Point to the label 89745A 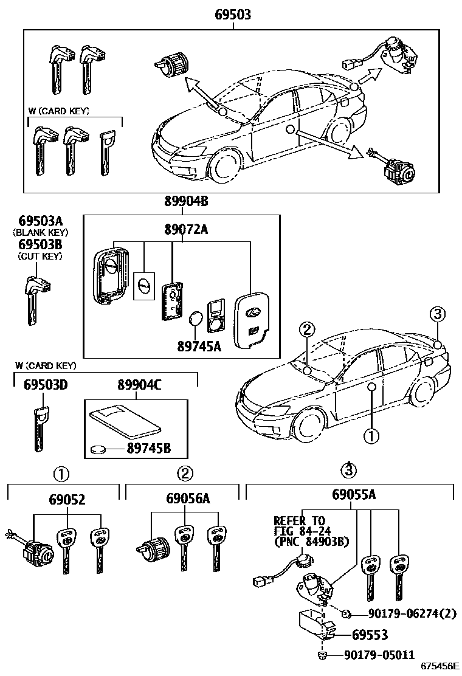[x=199, y=346]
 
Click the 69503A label [x=40, y=221]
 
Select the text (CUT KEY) [x=40, y=257]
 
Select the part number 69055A [x=354, y=495]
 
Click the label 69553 [x=370, y=635]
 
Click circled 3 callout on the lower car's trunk [x=438, y=314]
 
